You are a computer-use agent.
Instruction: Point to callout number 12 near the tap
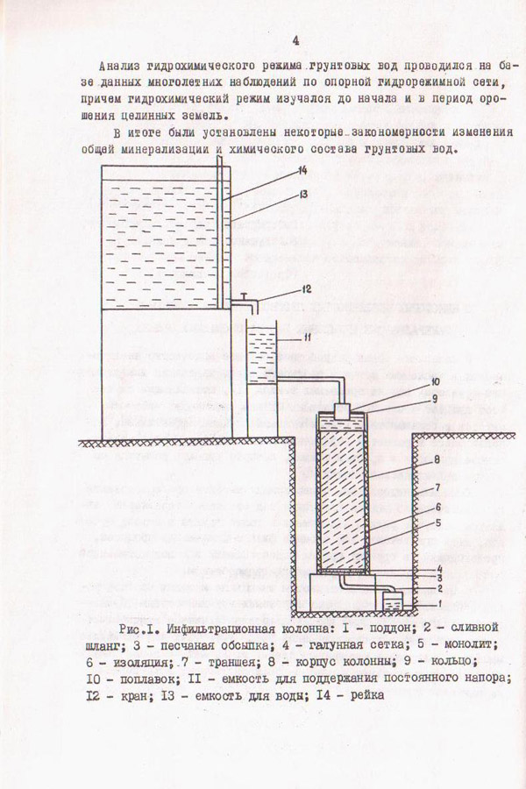click(306, 288)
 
